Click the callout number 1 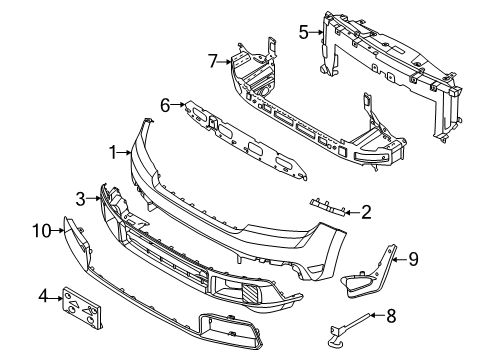click(x=114, y=153)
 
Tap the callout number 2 click(x=366, y=211)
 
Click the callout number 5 click(x=303, y=32)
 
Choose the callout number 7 click(x=212, y=63)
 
